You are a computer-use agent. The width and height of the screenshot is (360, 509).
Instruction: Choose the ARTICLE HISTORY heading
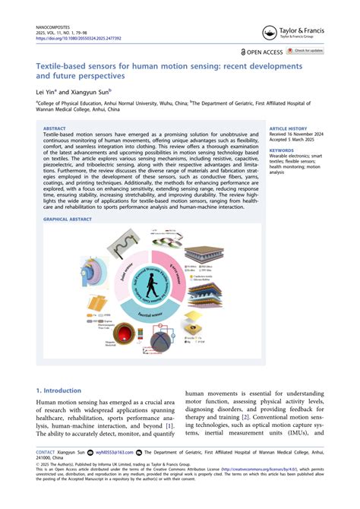coord(286,129)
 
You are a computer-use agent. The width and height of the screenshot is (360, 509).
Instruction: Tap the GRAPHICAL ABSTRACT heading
coord(69,218)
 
